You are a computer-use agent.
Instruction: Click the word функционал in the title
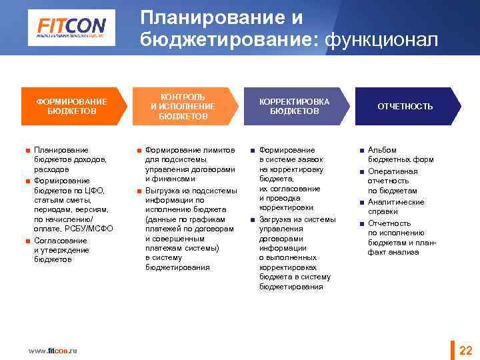click(x=381, y=41)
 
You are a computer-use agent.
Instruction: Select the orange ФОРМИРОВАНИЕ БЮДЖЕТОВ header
click(x=71, y=106)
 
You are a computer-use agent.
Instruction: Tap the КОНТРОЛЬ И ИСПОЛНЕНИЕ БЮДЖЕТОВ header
click(x=182, y=106)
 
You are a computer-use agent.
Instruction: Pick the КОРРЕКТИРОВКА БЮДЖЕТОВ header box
click(x=294, y=106)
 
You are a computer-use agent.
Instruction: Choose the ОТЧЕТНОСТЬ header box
click(x=405, y=106)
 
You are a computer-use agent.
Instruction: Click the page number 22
click(x=466, y=351)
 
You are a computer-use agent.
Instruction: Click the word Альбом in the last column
click(x=382, y=150)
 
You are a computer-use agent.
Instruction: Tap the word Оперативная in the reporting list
click(x=393, y=171)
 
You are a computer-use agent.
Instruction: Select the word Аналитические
click(x=396, y=202)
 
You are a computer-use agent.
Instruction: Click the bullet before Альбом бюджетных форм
click(x=361, y=151)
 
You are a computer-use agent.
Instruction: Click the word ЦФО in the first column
click(x=85, y=190)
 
